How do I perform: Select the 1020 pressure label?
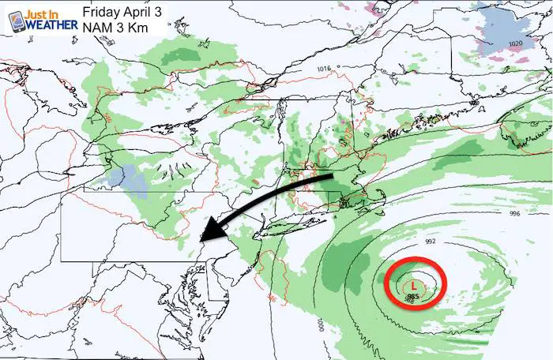coord(516,43)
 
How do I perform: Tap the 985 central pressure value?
coord(412,297)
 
